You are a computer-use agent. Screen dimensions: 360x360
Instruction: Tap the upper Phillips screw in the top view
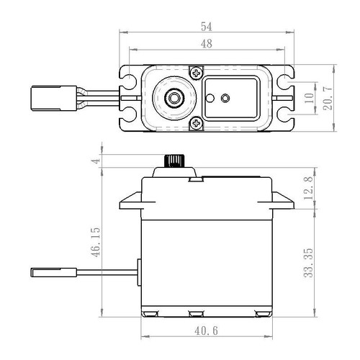click(x=195, y=72)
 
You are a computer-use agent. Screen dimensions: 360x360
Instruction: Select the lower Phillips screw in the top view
click(x=195, y=124)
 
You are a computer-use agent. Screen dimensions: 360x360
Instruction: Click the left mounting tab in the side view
click(x=130, y=199)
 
